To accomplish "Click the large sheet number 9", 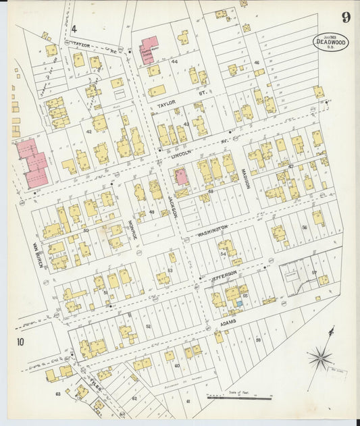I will pyautogui.click(x=345, y=18).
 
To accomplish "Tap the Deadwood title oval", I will pyautogui.click(x=331, y=43).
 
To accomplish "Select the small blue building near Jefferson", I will pyautogui.click(x=238, y=303).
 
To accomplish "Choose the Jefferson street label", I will pyautogui.click(x=224, y=273).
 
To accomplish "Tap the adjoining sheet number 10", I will pyautogui.click(x=20, y=342).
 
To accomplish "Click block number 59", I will pyautogui.click(x=258, y=340).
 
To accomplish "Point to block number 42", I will pyautogui.click(x=88, y=131).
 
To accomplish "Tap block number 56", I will pyautogui.click(x=305, y=228).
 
